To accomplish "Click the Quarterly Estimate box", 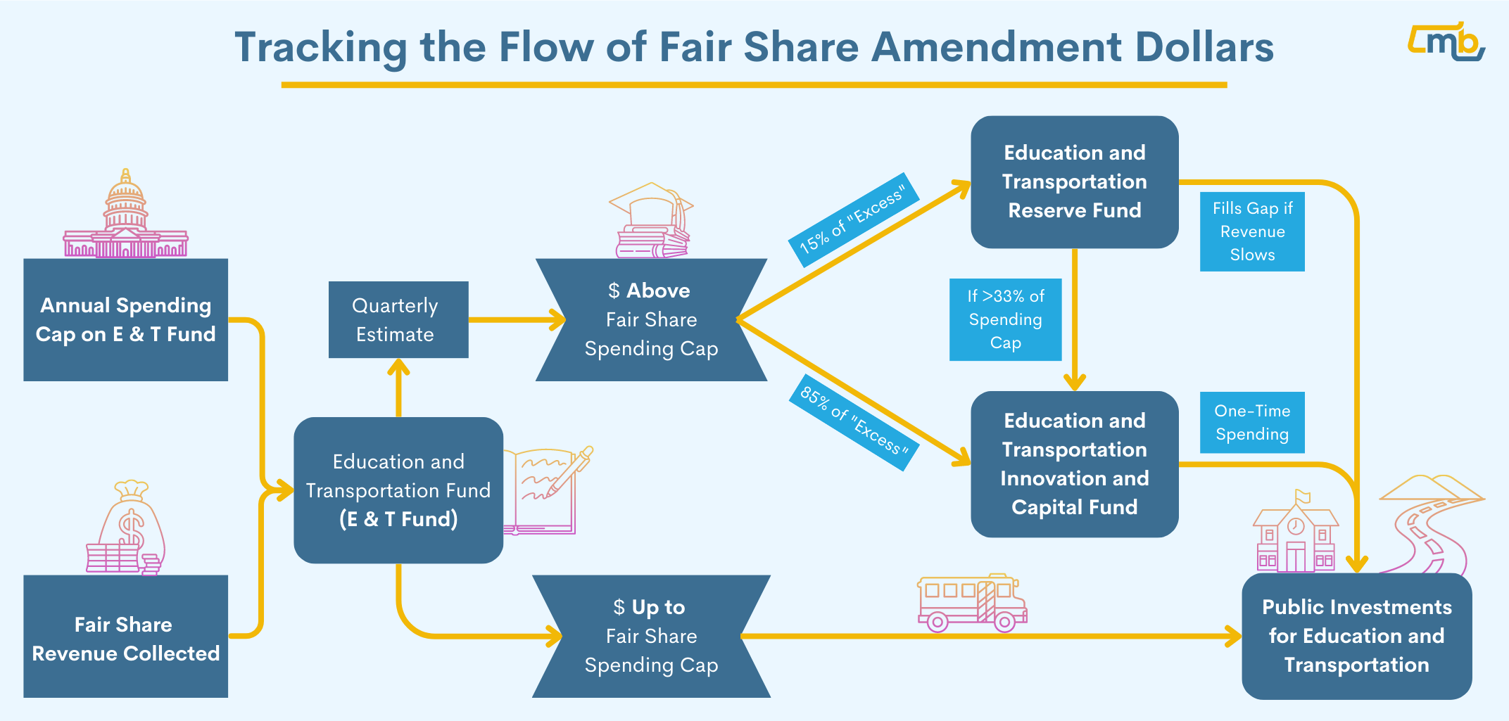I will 398,319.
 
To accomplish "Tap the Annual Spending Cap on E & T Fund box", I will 125,319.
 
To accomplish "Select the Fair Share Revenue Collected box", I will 125,637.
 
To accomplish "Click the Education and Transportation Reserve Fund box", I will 1074,181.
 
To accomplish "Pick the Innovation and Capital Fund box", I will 1074,464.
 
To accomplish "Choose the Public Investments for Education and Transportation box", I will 1356,636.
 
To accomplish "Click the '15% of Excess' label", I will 852,220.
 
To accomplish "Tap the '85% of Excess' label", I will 854,421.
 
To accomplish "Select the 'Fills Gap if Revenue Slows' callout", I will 1252,231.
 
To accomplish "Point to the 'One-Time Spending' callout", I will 1252,422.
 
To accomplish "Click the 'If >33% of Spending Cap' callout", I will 1005,319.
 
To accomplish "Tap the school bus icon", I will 971,603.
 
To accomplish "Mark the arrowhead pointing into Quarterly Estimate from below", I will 398,367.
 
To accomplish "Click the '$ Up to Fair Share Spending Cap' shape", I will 651,636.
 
